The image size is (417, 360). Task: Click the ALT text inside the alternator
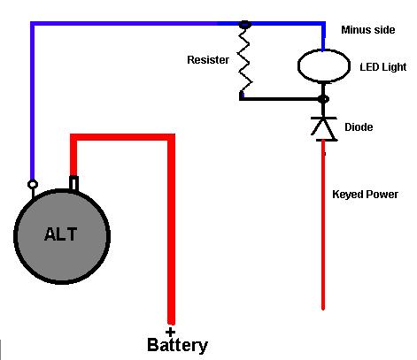point(61,234)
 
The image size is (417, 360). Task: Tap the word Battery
point(177,345)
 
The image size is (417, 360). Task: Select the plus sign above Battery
point(170,333)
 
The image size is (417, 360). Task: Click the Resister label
point(208,60)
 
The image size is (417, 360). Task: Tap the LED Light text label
point(383,67)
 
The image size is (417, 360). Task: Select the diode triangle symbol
point(324,128)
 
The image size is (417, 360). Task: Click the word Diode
point(359,127)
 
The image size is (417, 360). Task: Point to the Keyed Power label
point(365,195)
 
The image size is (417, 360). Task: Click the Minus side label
point(368,30)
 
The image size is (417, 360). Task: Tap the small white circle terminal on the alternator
point(33,185)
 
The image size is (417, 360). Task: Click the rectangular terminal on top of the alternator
point(73,183)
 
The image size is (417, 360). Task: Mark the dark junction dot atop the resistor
point(244,25)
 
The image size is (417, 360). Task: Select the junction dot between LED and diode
point(324,99)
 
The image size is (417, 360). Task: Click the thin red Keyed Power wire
point(323,225)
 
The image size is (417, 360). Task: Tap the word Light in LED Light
point(393,67)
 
